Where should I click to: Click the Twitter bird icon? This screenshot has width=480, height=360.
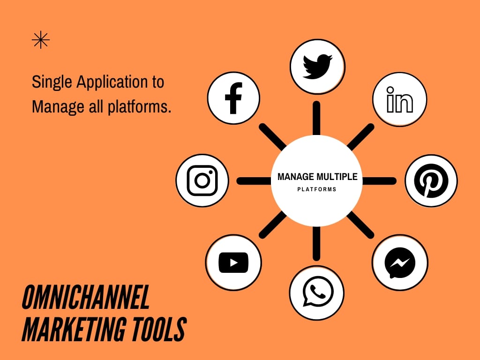click(317, 67)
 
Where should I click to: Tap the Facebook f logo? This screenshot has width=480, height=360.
click(233, 98)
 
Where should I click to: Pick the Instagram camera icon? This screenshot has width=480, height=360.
click(202, 180)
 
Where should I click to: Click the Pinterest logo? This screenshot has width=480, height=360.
click(431, 180)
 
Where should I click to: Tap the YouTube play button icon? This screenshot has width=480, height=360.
click(233, 262)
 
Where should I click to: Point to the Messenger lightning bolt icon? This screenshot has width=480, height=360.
click(400, 262)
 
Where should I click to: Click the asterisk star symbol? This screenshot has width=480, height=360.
click(41, 40)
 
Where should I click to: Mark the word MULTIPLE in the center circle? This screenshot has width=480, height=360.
click(337, 177)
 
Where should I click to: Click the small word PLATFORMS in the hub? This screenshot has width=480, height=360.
click(317, 189)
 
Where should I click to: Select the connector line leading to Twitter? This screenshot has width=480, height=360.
click(316, 118)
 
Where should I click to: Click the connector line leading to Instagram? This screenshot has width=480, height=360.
click(254, 181)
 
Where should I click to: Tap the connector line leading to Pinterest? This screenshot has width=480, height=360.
click(379, 181)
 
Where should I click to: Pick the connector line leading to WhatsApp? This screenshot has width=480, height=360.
click(316, 244)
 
